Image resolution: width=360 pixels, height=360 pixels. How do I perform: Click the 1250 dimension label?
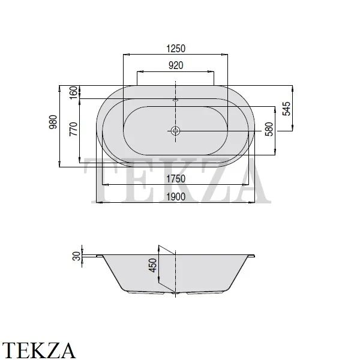click(x=176, y=49)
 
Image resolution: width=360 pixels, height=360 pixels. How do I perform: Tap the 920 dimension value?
click(x=176, y=65)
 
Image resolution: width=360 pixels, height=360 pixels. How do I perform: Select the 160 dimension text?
click(x=73, y=92)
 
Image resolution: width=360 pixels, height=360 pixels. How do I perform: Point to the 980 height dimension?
click(x=53, y=122)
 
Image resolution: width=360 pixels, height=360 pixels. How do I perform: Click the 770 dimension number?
click(x=73, y=129)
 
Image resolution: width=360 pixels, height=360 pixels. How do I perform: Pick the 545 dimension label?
click(x=286, y=109)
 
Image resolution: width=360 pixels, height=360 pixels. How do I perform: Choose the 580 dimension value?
click(x=269, y=129)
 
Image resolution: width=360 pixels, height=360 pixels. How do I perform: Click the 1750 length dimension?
click(x=176, y=179)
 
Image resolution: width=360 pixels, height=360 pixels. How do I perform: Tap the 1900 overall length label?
click(x=176, y=197)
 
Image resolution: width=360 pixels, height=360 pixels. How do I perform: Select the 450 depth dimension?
click(x=152, y=265)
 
